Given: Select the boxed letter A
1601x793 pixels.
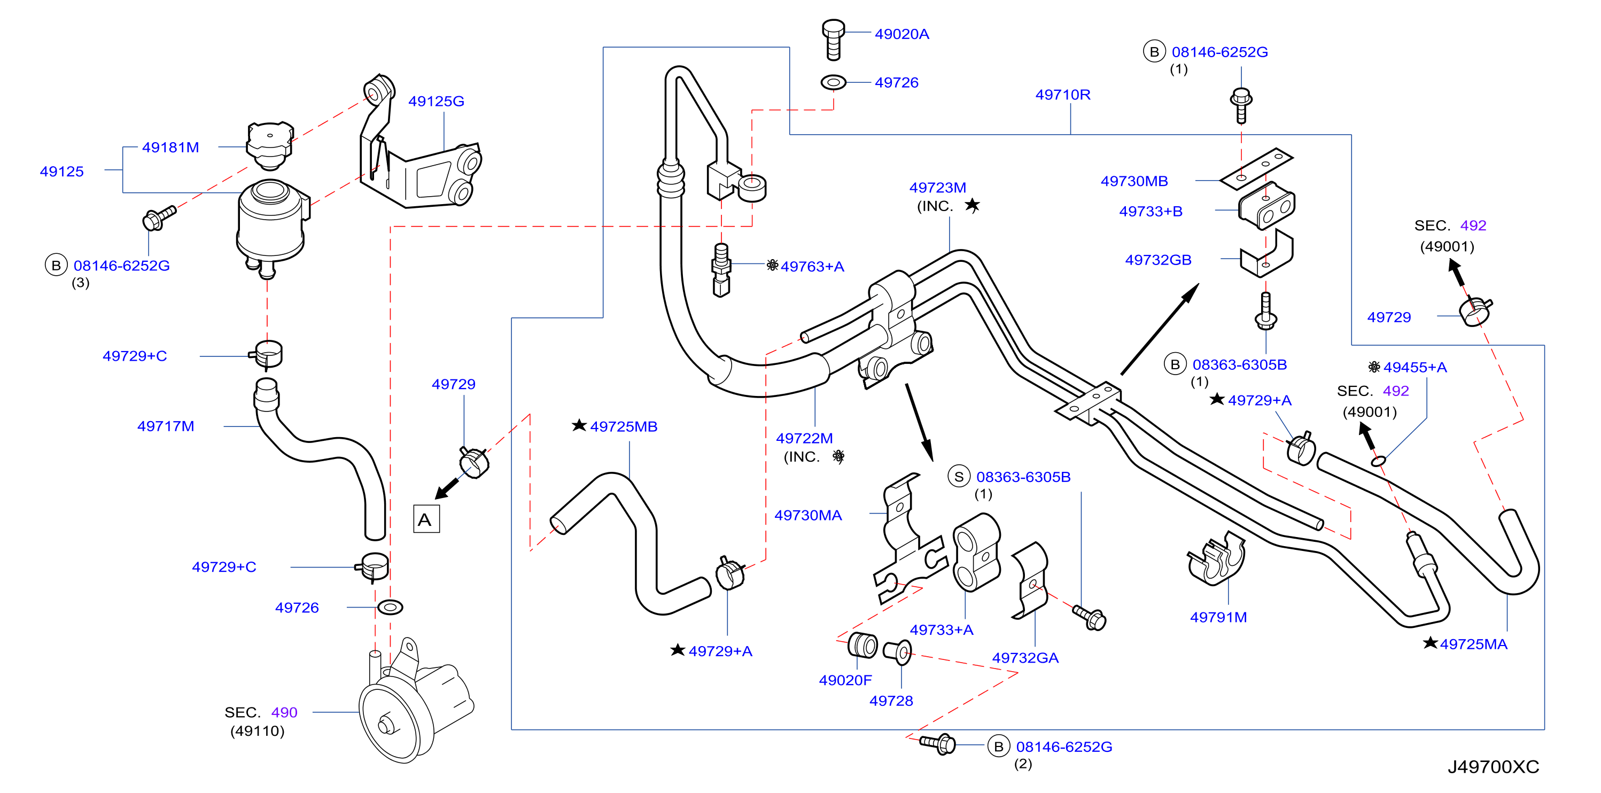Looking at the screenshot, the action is pyautogui.click(x=426, y=519).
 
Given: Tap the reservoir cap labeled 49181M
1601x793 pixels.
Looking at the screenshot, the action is pyautogui.click(x=270, y=145).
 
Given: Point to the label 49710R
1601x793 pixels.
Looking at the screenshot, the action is pyautogui.click(x=1062, y=95).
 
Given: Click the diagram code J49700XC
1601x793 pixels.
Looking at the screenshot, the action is pyautogui.click(x=1493, y=767).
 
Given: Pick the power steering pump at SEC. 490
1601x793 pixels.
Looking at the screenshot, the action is pyautogui.click(x=413, y=702).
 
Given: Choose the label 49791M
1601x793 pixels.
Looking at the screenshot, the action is pyautogui.click(x=1218, y=617).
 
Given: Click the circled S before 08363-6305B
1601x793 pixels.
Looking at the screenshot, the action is pyautogui.click(x=959, y=477).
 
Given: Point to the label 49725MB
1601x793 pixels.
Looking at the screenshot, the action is pyautogui.click(x=624, y=427).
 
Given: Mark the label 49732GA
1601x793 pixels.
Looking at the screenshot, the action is pyautogui.click(x=1025, y=657).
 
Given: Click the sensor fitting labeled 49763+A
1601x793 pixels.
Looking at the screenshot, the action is pyautogui.click(x=721, y=270).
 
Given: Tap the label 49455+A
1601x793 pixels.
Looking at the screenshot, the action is pyautogui.click(x=1415, y=367).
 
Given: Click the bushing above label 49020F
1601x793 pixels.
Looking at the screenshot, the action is pyautogui.click(x=862, y=645).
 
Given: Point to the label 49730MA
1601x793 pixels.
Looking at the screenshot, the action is pyautogui.click(x=808, y=515).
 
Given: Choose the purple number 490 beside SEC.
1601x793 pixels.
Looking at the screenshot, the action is pyautogui.click(x=284, y=712).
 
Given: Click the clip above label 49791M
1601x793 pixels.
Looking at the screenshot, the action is pyautogui.click(x=1216, y=559).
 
